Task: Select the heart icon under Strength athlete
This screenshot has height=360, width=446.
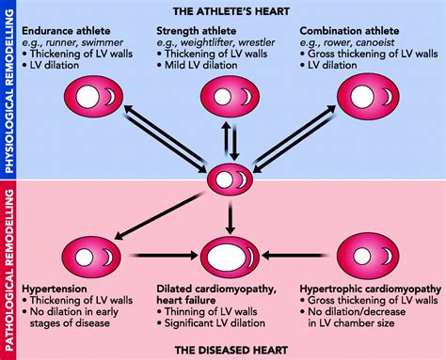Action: coord(230,97)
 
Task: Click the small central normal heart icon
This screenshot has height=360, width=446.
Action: coord(230,177)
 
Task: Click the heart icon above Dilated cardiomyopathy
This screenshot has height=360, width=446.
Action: coord(230,254)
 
